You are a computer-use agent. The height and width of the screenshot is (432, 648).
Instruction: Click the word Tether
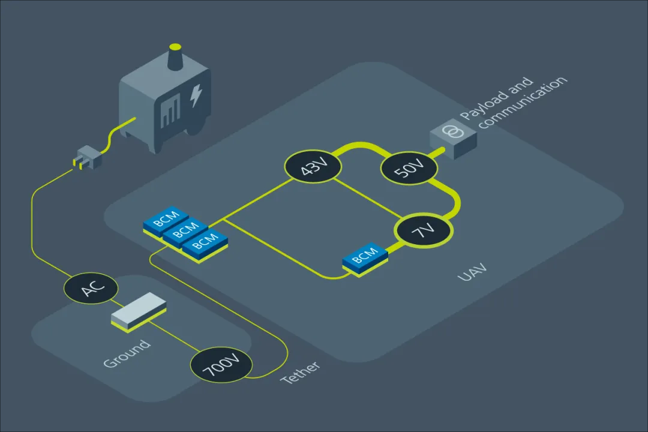pyautogui.click(x=300, y=373)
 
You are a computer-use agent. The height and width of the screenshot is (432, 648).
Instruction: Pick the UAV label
pyautogui.click(x=472, y=272)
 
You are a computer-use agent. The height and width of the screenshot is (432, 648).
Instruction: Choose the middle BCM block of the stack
pyautogui.click(x=185, y=233)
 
